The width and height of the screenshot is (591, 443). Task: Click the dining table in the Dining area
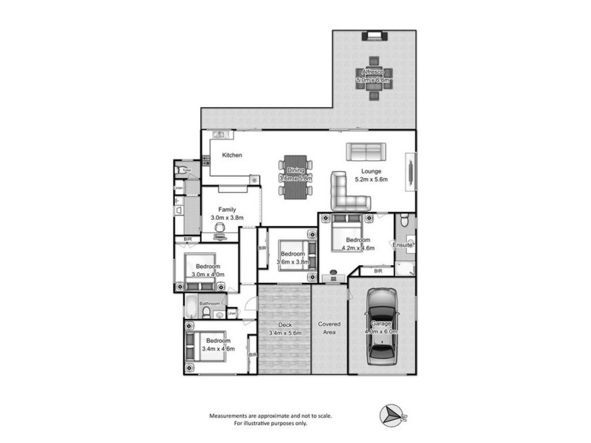(295, 178)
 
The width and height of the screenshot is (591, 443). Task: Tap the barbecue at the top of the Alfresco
(372, 36)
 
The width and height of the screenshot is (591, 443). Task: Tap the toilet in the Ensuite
(403, 220)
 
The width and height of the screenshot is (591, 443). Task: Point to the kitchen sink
(219, 134)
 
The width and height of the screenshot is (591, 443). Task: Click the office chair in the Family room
(219, 230)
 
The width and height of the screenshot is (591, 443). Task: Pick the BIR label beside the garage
(378, 272)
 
